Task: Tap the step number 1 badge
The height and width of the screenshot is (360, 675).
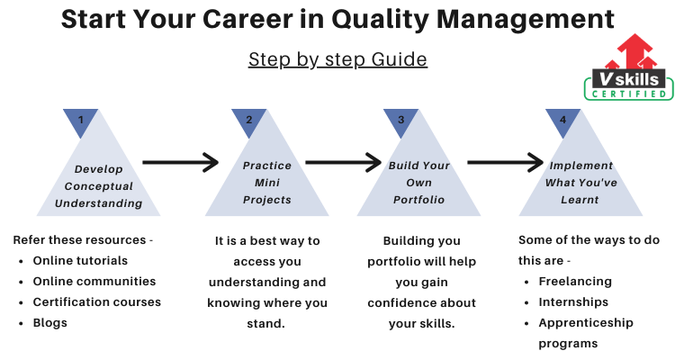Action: [x=80, y=121]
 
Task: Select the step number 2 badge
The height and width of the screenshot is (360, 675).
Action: [x=248, y=121]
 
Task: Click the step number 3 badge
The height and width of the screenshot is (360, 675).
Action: [x=400, y=121]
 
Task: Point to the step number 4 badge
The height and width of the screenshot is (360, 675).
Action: [x=562, y=121]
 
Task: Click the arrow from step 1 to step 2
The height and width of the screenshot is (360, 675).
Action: [x=181, y=162]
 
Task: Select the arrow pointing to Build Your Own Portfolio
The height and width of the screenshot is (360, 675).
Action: [x=344, y=162]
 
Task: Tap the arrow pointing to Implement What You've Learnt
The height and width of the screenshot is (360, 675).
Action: [x=506, y=162]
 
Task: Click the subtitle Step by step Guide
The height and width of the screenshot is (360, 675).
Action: [x=337, y=59]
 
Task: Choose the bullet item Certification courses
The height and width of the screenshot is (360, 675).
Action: [x=97, y=301]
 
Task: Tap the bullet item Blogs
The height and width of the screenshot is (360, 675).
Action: [x=49, y=323]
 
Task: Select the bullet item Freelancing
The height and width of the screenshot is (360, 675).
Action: [x=575, y=282]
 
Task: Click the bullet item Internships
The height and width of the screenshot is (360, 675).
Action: [x=573, y=302]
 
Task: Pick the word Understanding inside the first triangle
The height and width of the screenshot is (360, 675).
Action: [x=99, y=203]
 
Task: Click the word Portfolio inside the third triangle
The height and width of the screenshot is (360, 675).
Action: [x=418, y=200]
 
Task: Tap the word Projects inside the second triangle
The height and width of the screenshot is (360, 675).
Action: [x=267, y=200]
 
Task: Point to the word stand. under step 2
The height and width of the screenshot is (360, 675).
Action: [x=265, y=323]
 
